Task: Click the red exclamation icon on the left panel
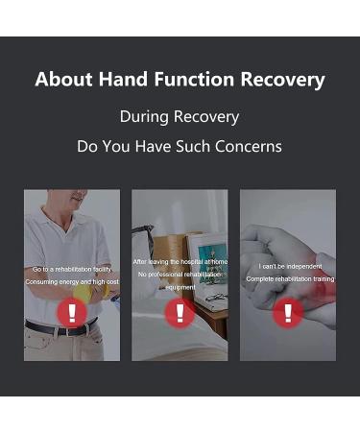coord(71,313)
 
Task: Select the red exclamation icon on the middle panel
coord(180,313)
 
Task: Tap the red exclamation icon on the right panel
coord(287,313)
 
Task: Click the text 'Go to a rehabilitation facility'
coord(72,270)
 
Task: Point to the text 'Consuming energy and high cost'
coord(72,282)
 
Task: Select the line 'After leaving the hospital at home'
coord(180,261)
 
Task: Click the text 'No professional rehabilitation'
coord(180,275)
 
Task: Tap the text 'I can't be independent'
coord(288,266)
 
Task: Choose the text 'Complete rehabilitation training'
coord(288,278)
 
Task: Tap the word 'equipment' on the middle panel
coord(180,287)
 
